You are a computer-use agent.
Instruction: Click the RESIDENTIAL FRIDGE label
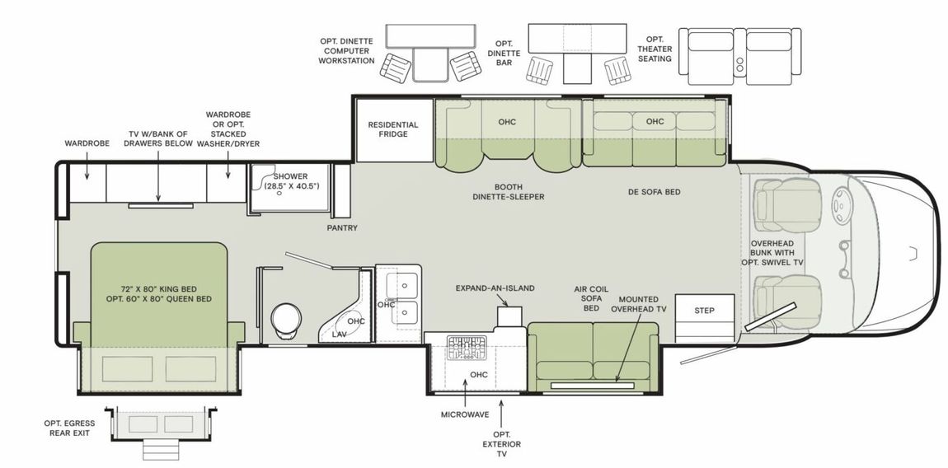pos(393,129)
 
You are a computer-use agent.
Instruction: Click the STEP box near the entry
pos(704,311)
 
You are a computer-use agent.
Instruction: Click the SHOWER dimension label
pos(291,181)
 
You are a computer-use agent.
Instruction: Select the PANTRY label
pos(342,228)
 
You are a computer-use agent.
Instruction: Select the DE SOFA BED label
pos(655,192)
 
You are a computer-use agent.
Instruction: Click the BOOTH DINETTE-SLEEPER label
pos(509,192)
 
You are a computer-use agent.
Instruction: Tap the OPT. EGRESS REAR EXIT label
pos(69,428)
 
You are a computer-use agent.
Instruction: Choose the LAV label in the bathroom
pos(340,335)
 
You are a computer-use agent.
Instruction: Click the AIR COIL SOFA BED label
pos(592,298)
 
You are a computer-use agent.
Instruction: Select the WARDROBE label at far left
pos(87,143)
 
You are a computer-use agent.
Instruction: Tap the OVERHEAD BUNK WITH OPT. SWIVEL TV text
pos(776,253)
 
